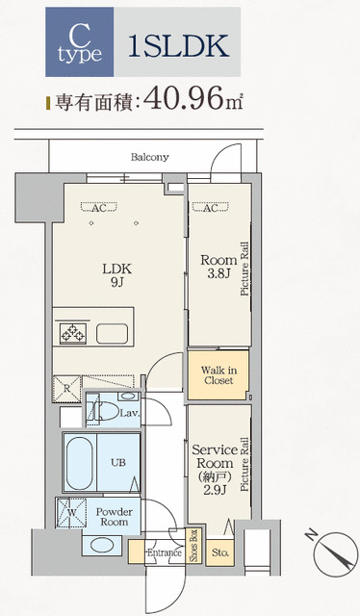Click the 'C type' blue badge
[79, 41]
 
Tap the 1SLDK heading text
[179, 46]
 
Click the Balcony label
[150, 157]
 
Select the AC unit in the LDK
[99, 207]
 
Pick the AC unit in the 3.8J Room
[211, 207]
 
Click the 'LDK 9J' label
[116, 275]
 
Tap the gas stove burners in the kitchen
[73, 334]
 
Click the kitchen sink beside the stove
[112, 334]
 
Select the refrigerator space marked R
[66, 389]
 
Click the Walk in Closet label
[219, 375]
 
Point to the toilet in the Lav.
[105, 412]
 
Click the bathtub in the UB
[79, 462]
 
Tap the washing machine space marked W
[71, 513]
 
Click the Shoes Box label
[193, 546]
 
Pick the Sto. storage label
[220, 552]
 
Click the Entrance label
[165, 552]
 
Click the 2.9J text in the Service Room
[215, 490]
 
